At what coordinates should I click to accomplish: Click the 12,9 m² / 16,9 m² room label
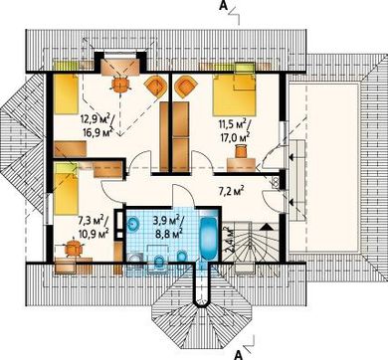click(97, 123)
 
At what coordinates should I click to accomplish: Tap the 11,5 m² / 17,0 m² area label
click(234, 130)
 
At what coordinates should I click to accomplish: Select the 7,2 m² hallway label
click(232, 191)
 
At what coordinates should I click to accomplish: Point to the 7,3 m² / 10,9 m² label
click(94, 227)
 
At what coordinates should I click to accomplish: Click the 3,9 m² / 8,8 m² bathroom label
click(168, 227)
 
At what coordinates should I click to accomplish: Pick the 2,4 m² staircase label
click(228, 240)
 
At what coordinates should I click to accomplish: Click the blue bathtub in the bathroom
click(208, 239)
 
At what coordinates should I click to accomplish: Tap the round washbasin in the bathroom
click(133, 224)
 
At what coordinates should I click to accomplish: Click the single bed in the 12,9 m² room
click(66, 94)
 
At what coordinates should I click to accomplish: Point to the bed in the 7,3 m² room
click(66, 189)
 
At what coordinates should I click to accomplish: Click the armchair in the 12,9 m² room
click(155, 87)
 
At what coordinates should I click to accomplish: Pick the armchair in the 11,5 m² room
click(185, 87)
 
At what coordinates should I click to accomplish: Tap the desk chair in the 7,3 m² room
click(73, 248)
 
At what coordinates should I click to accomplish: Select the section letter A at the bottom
click(238, 355)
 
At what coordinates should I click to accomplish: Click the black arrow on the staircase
click(267, 227)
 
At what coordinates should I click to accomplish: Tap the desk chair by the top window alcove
click(120, 85)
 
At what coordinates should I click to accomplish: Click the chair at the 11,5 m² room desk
click(241, 151)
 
